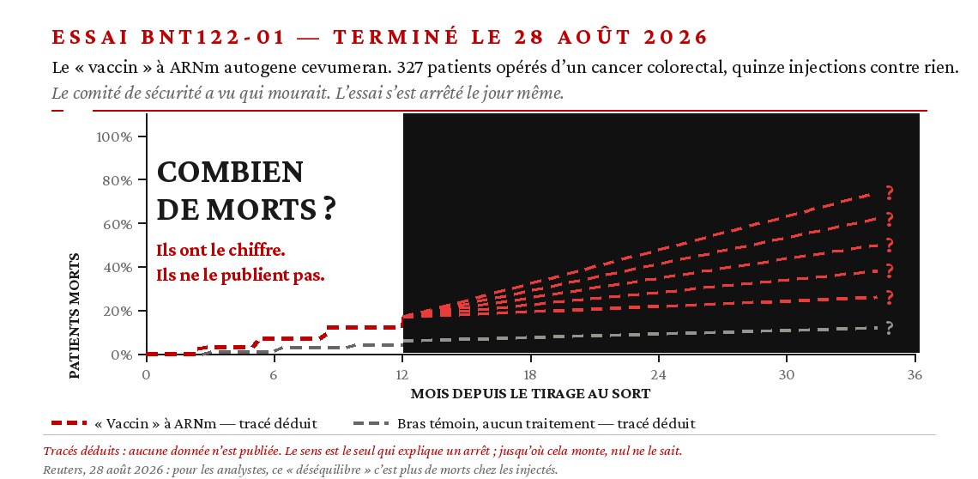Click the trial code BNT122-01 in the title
tap(213, 38)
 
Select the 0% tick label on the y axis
tap(121, 355)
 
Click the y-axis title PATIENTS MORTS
tap(75, 315)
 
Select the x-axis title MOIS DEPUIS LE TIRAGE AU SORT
tap(530, 394)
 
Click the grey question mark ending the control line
tap(890, 328)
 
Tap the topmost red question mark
tap(890, 193)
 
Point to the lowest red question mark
tap(890, 297)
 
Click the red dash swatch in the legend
tap(69, 423)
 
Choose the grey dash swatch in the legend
tap(371, 423)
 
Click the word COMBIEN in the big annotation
tap(230, 173)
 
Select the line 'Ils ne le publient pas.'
tap(241, 276)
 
